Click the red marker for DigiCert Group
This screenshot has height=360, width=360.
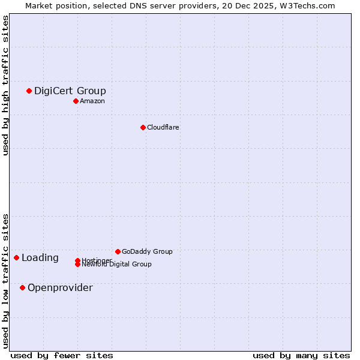pos(29,91)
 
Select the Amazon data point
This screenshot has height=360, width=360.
pos(76,101)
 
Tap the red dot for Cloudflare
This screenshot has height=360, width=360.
pos(143,127)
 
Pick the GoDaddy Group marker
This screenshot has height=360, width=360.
pos(118,251)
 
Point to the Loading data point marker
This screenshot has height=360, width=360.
pos(16,257)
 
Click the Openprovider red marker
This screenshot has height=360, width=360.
pos(22,287)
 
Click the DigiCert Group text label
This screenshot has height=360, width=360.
pos(70,91)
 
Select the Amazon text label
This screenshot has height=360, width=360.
pos(92,101)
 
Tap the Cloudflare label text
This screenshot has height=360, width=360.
pos(163,128)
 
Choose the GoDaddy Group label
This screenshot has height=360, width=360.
pos(146,252)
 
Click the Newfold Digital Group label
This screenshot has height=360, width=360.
pos(116,265)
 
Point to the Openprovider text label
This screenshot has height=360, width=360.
pos(60,288)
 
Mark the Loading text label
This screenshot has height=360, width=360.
pos(40,258)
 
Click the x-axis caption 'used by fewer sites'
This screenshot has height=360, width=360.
pos(62,355)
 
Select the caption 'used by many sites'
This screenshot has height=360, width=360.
pos(301,355)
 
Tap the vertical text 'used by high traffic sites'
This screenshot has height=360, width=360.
pos(5,85)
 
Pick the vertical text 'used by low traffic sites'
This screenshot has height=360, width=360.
pos(5,280)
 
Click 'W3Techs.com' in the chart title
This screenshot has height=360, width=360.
pos(310,5)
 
